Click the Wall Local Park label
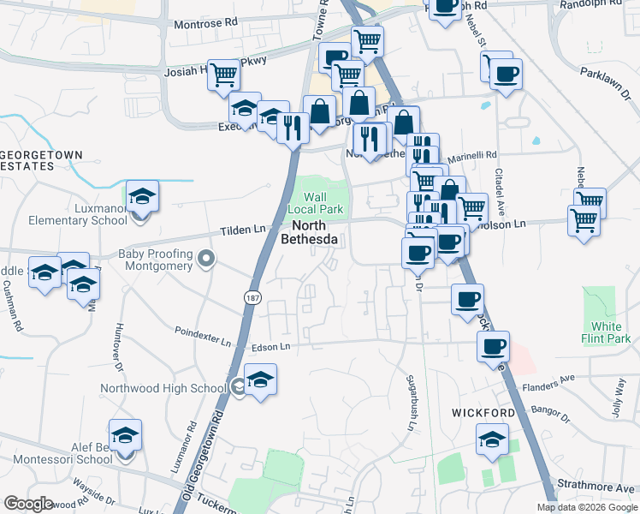click(x=321, y=203)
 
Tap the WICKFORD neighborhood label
click(x=483, y=413)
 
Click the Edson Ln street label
click(x=271, y=347)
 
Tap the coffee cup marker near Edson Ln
click(x=493, y=345)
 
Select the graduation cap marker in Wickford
click(x=492, y=440)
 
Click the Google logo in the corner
click(x=28, y=504)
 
